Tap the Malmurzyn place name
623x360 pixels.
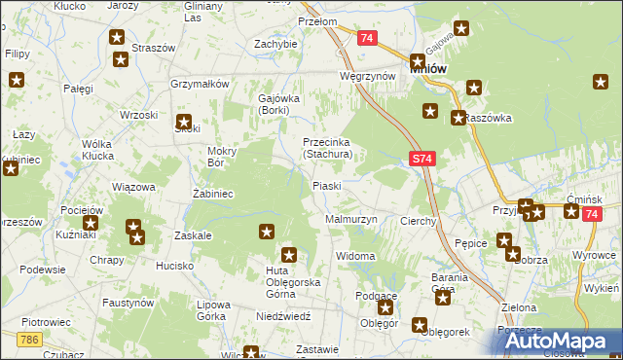(349, 220)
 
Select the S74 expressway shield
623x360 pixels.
(421, 158)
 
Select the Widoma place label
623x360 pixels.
(355, 256)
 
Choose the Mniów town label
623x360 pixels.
(428, 69)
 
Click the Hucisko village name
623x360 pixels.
(176, 265)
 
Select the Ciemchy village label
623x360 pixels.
(419, 221)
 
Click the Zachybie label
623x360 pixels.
(275, 44)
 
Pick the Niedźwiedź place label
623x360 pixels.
(283, 316)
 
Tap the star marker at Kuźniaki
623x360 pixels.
(91, 223)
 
